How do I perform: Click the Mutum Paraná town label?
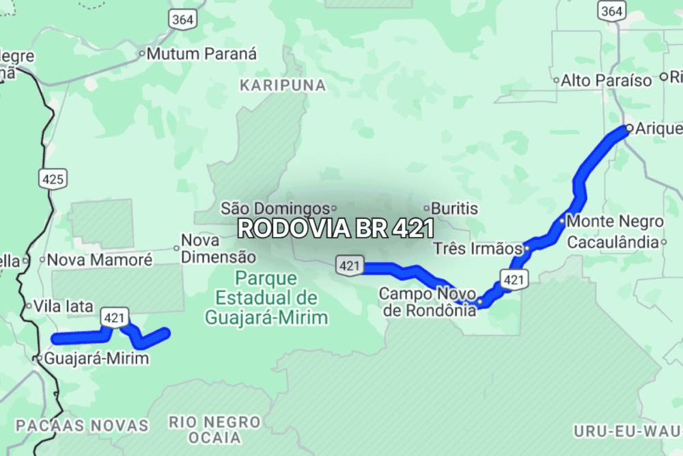[x=201, y=54]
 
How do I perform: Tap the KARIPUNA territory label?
[x=283, y=85]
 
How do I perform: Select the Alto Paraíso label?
[x=607, y=81]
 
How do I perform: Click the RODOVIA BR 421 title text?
[x=335, y=228]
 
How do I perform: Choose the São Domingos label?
[x=275, y=208]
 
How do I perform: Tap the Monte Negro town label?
[x=615, y=222]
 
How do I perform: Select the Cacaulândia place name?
[x=613, y=242]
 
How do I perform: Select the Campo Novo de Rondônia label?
[x=428, y=301]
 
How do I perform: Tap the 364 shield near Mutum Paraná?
[x=182, y=19]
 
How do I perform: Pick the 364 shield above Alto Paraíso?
[x=611, y=10]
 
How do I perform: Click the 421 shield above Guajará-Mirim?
[x=115, y=317]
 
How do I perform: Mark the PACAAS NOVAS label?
[x=82, y=425]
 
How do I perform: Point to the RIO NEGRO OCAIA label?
[x=214, y=429]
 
